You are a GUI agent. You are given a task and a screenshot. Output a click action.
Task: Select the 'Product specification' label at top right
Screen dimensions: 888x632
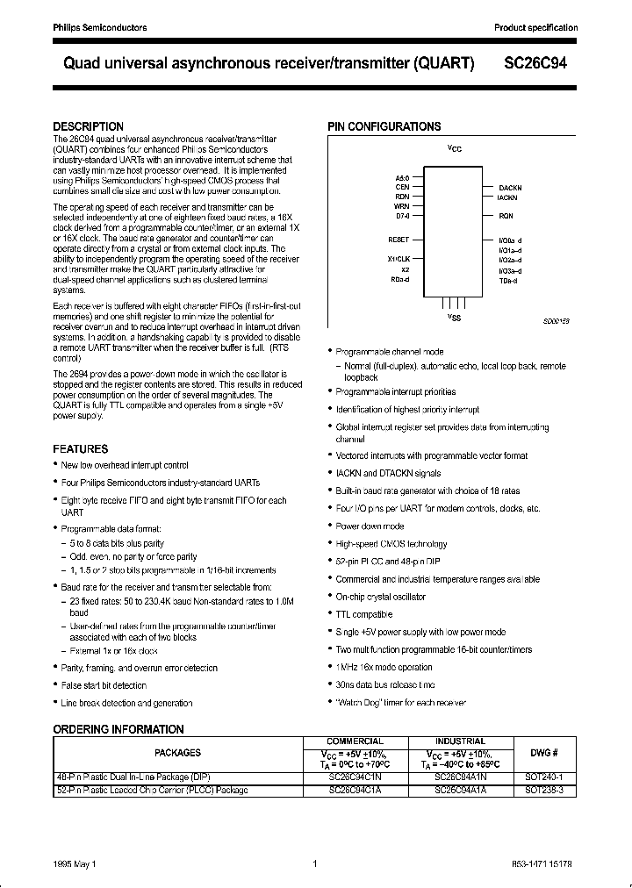(x=535, y=28)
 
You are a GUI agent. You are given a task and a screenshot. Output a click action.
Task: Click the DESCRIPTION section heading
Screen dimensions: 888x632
(x=88, y=126)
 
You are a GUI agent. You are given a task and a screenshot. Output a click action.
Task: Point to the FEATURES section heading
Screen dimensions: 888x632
(x=81, y=448)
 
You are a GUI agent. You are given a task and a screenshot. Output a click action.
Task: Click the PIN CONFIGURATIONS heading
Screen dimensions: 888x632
(x=384, y=126)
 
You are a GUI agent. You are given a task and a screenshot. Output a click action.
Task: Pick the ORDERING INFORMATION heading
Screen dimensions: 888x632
(x=118, y=729)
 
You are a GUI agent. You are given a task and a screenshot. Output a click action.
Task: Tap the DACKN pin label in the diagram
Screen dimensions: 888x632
(x=511, y=189)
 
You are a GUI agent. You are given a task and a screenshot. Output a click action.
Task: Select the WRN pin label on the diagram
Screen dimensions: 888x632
(x=402, y=206)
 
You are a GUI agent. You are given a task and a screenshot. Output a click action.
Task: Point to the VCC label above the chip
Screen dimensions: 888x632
(x=454, y=148)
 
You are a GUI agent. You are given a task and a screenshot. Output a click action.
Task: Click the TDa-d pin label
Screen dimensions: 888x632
(x=509, y=281)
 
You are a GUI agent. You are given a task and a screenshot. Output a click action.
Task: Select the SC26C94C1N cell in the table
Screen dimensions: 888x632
(x=355, y=777)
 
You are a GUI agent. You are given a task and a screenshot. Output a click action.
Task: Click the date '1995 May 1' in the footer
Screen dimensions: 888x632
(x=73, y=864)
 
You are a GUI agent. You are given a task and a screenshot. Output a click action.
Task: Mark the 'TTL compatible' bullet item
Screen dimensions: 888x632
(x=363, y=614)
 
